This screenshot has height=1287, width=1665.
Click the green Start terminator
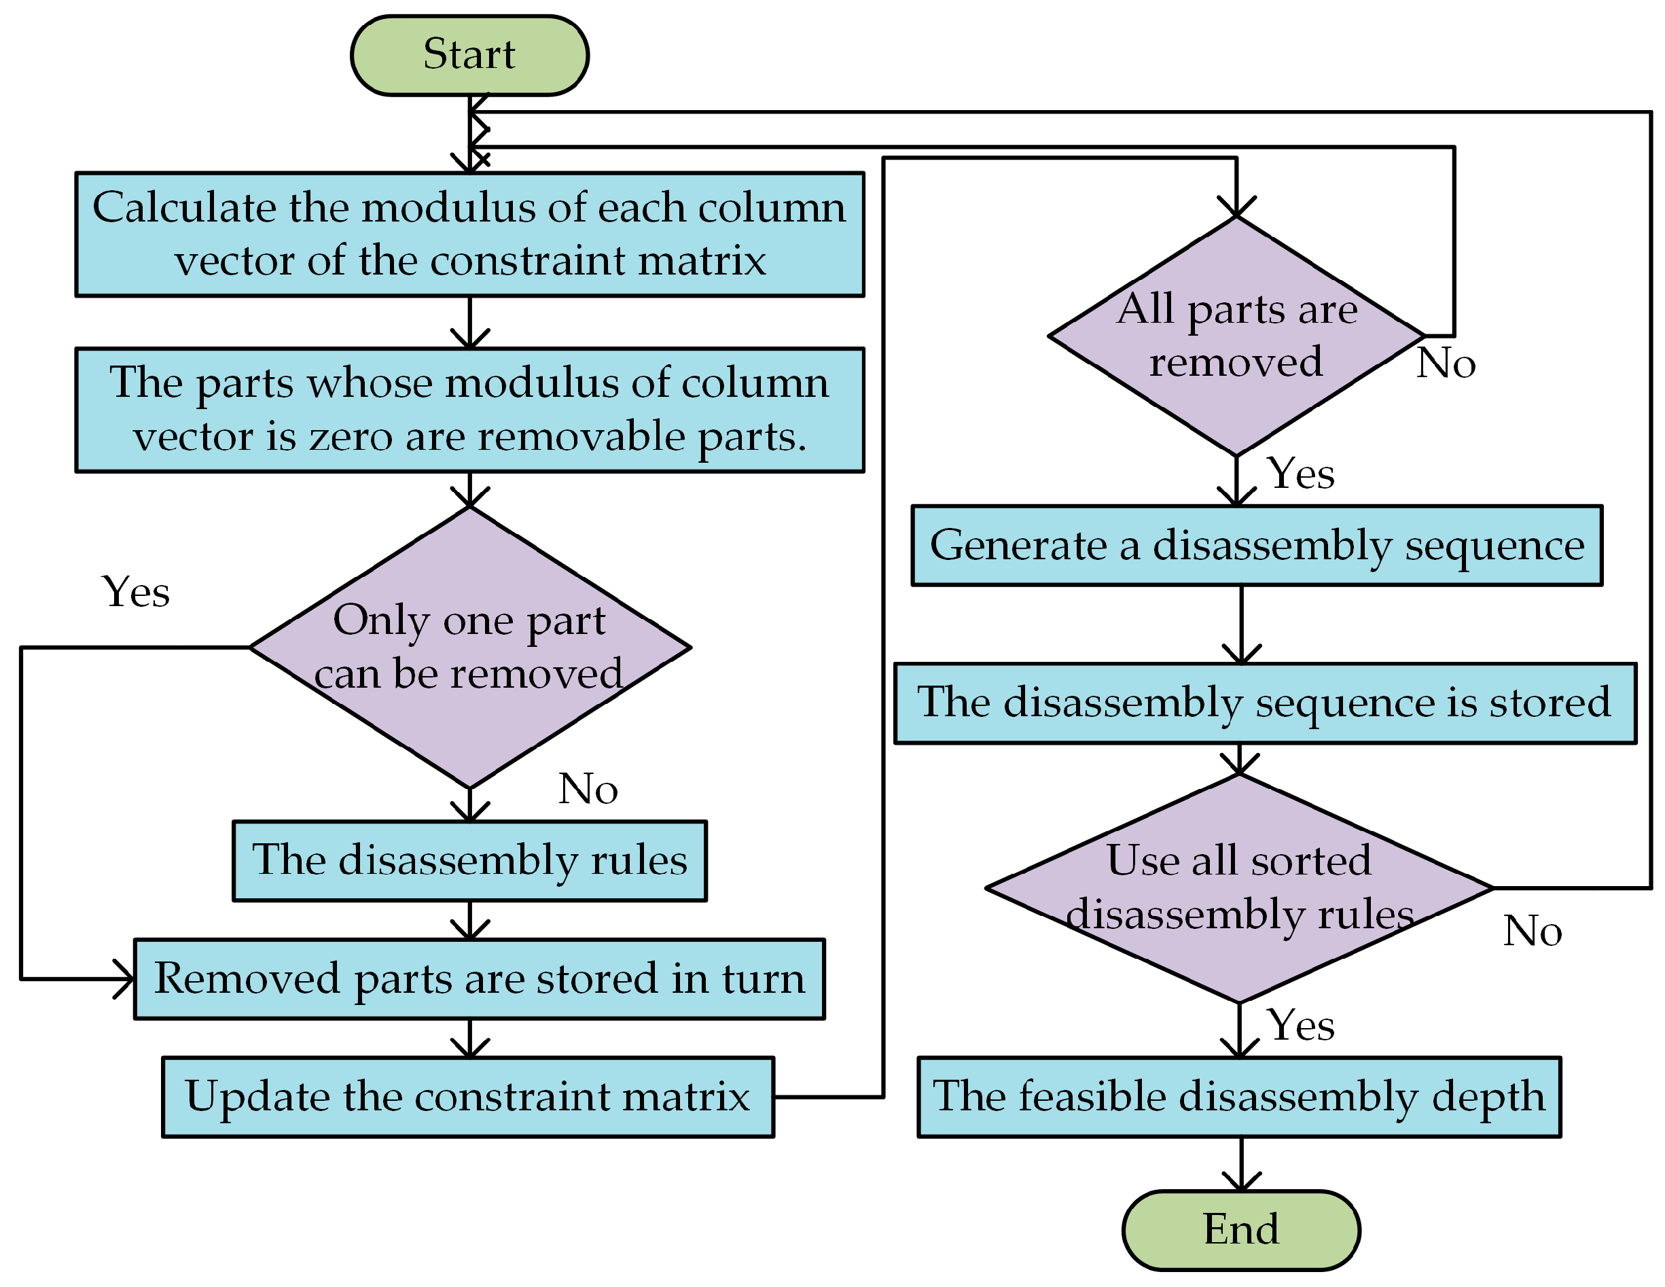pos(469,56)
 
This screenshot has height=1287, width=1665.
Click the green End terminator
pos(1241,1230)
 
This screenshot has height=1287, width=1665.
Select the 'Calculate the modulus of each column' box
pos(469,234)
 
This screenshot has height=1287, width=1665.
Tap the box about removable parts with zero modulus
pos(469,410)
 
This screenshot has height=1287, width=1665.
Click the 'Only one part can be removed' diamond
pos(469,648)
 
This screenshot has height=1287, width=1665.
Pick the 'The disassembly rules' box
pos(469,861)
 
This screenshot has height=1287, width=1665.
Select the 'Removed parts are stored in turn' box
pos(479,979)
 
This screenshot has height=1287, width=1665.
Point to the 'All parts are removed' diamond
pos(1236,336)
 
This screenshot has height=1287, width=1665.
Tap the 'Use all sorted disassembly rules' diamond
pos(1239,888)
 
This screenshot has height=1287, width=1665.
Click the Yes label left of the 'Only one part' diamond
pos(136,593)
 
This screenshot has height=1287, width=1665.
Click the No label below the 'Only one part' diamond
pos(588,789)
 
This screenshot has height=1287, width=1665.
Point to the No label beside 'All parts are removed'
pos(1446,364)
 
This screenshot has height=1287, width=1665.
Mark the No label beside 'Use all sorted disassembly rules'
pos(1533,932)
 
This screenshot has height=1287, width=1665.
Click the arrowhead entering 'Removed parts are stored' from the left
pos(126,979)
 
